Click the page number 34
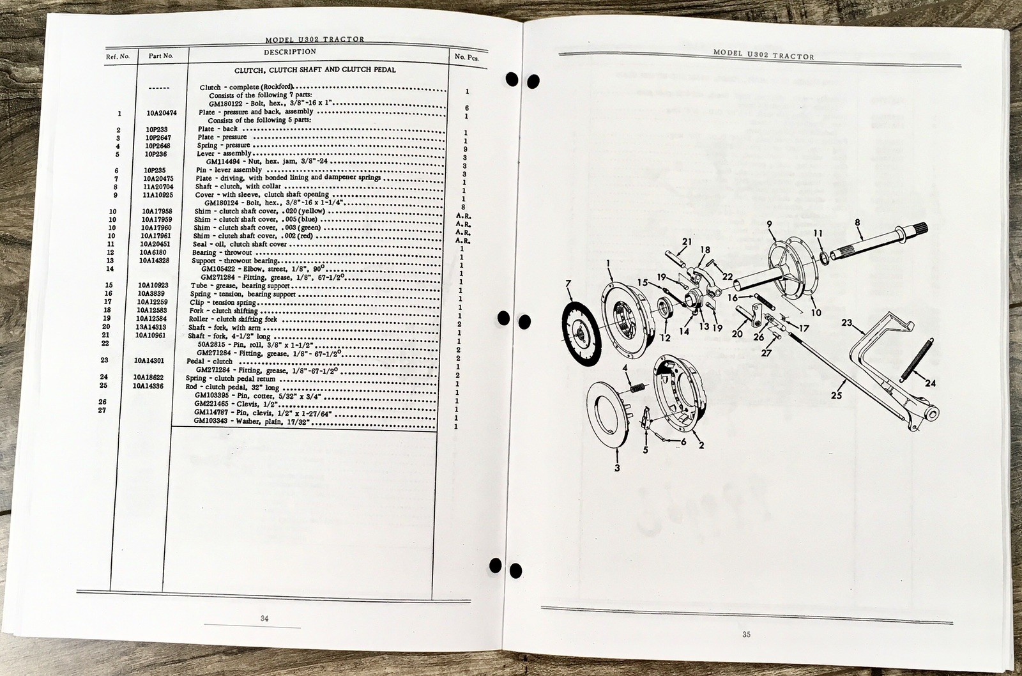click(264, 618)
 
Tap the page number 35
click(746, 634)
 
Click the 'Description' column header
click(290, 52)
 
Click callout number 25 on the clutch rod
click(837, 395)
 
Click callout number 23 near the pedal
click(846, 323)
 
